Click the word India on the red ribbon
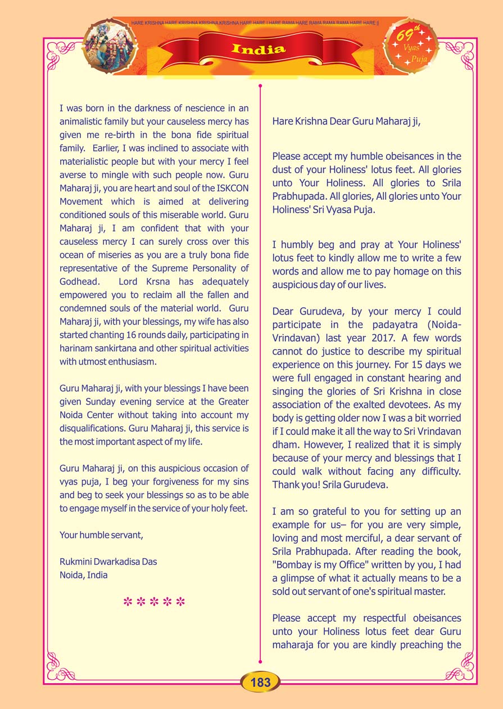coord(259,49)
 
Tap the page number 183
coord(261,683)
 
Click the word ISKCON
coord(230,188)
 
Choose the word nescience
coord(194,107)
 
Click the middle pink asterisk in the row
coord(154,602)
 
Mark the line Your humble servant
coord(101,535)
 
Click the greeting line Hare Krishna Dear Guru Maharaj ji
coord(346,121)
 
